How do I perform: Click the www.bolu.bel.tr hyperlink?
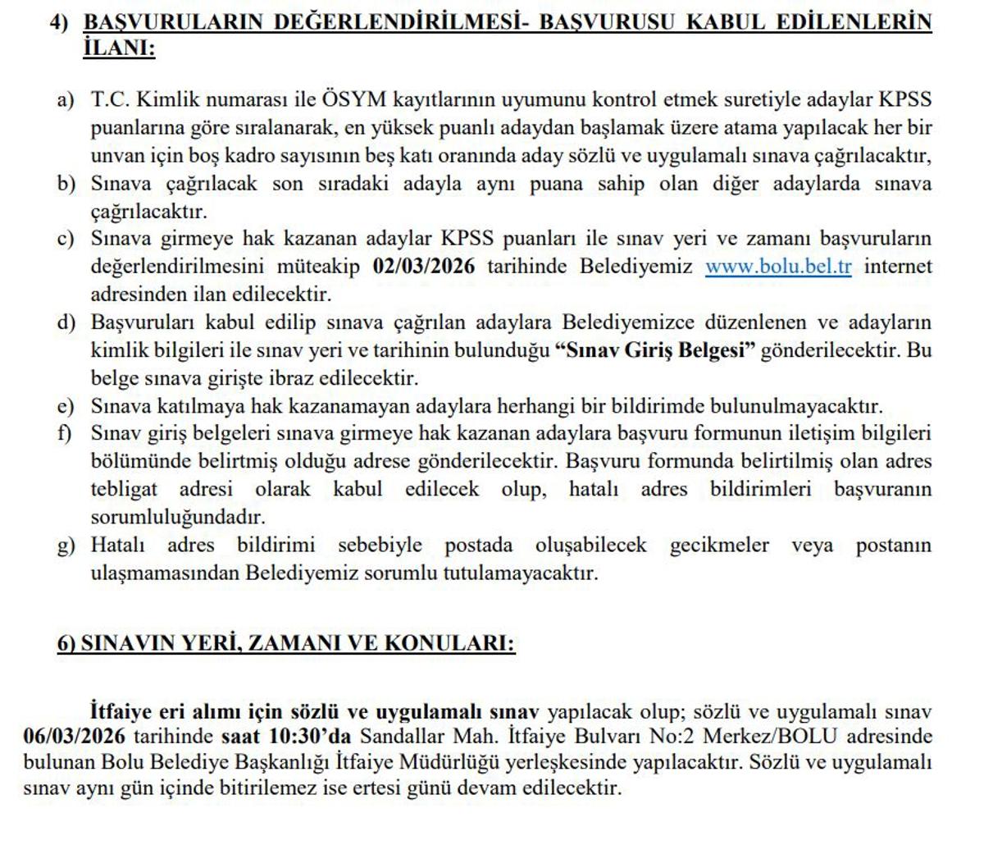(x=778, y=267)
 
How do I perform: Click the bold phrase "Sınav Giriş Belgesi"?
(x=654, y=350)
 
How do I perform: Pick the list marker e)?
(x=66, y=406)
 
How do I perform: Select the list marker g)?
(x=66, y=546)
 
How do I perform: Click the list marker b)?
(x=66, y=184)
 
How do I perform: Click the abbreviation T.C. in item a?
(x=108, y=100)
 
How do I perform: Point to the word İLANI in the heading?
(x=119, y=49)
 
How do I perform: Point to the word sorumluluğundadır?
(x=178, y=518)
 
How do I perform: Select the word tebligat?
(x=124, y=490)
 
